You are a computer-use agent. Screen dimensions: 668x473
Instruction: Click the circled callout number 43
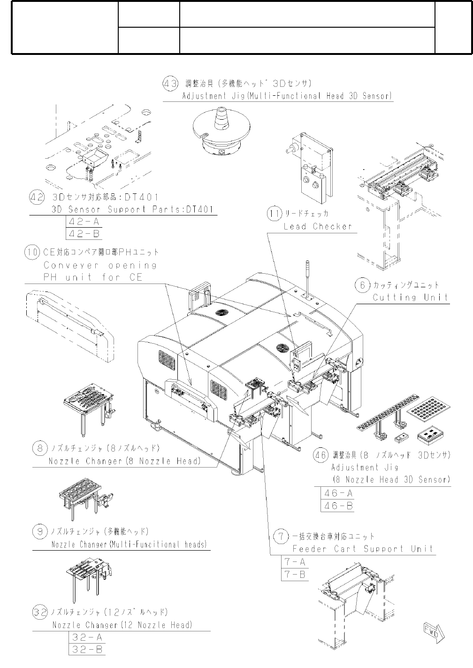tap(170, 84)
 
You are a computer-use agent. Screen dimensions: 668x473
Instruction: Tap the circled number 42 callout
tap(38, 197)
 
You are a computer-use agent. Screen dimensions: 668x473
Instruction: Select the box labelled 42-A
tap(84, 222)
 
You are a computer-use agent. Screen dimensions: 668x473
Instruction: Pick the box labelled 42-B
tap(84, 233)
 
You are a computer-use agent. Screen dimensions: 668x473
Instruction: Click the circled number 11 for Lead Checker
tap(275, 214)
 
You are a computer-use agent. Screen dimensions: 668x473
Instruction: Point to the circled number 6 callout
tap(362, 285)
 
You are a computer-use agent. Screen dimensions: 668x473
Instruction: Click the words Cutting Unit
tap(410, 297)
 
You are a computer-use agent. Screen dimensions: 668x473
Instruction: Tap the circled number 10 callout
tap(32, 252)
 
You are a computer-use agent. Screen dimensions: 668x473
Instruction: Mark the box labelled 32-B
tap(87, 650)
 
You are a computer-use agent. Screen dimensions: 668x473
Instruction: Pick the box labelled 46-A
tap(338, 493)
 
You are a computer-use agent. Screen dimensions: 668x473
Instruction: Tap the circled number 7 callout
tap(281, 536)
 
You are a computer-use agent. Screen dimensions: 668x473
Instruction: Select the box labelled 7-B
tap(295, 574)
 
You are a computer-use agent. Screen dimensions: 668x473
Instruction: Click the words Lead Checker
tap(317, 226)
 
